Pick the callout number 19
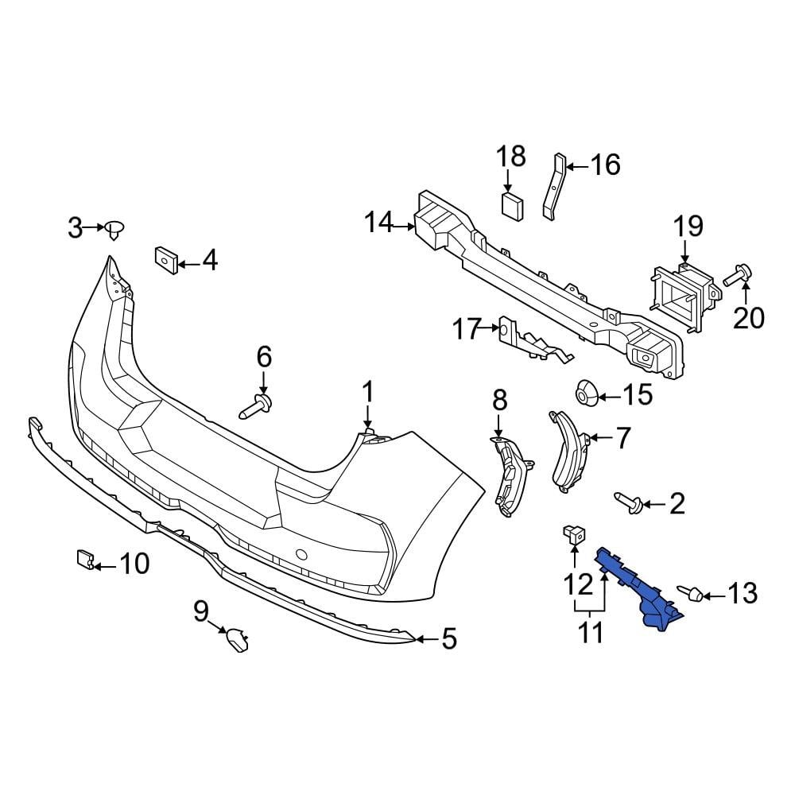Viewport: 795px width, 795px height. coord(688,227)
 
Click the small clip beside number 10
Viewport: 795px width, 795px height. coord(84,560)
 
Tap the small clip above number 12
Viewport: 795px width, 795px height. coord(572,534)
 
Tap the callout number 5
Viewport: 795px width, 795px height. coord(449,638)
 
